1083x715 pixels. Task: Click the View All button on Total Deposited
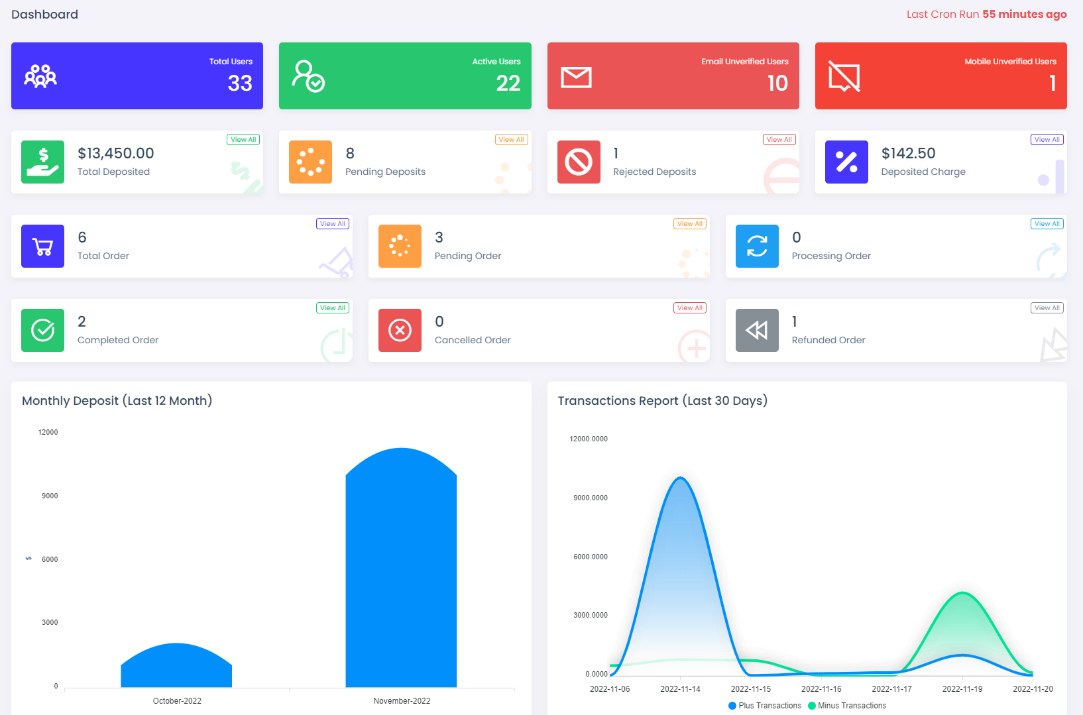pyautogui.click(x=243, y=140)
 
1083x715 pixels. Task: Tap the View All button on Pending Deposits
pyautogui.click(x=511, y=140)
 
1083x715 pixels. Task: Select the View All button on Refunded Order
pyautogui.click(x=1047, y=308)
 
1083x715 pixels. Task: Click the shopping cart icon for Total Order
pyautogui.click(x=43, y=247)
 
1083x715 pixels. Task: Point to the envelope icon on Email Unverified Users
pyautogui.click(x=576, y=78)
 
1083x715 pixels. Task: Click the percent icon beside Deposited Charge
pyautogui.click(x=846, y=162)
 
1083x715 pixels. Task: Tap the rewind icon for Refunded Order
pyautogui.click(x=757, y=330)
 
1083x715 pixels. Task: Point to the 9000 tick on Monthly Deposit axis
pyautogui.click(x=50, y=496)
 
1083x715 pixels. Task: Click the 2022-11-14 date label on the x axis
pyautogui.click(x=680, y=689)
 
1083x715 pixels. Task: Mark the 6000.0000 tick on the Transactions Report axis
pyautogui.click(x=591, y=557)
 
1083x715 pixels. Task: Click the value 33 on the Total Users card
pyautogui.click(x=240, y=83)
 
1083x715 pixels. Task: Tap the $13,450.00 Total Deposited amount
pyautogui.click(x=116, y=154)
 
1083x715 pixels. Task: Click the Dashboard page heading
pyautogui.click(x=45, y=15)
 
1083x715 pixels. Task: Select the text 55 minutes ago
pyautogui.click(x=1024, y=15)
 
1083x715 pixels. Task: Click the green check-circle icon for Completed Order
pyautogui.click(x=43, y=330)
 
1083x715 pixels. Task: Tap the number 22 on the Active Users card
pyautogui.click(x=508, y=83)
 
